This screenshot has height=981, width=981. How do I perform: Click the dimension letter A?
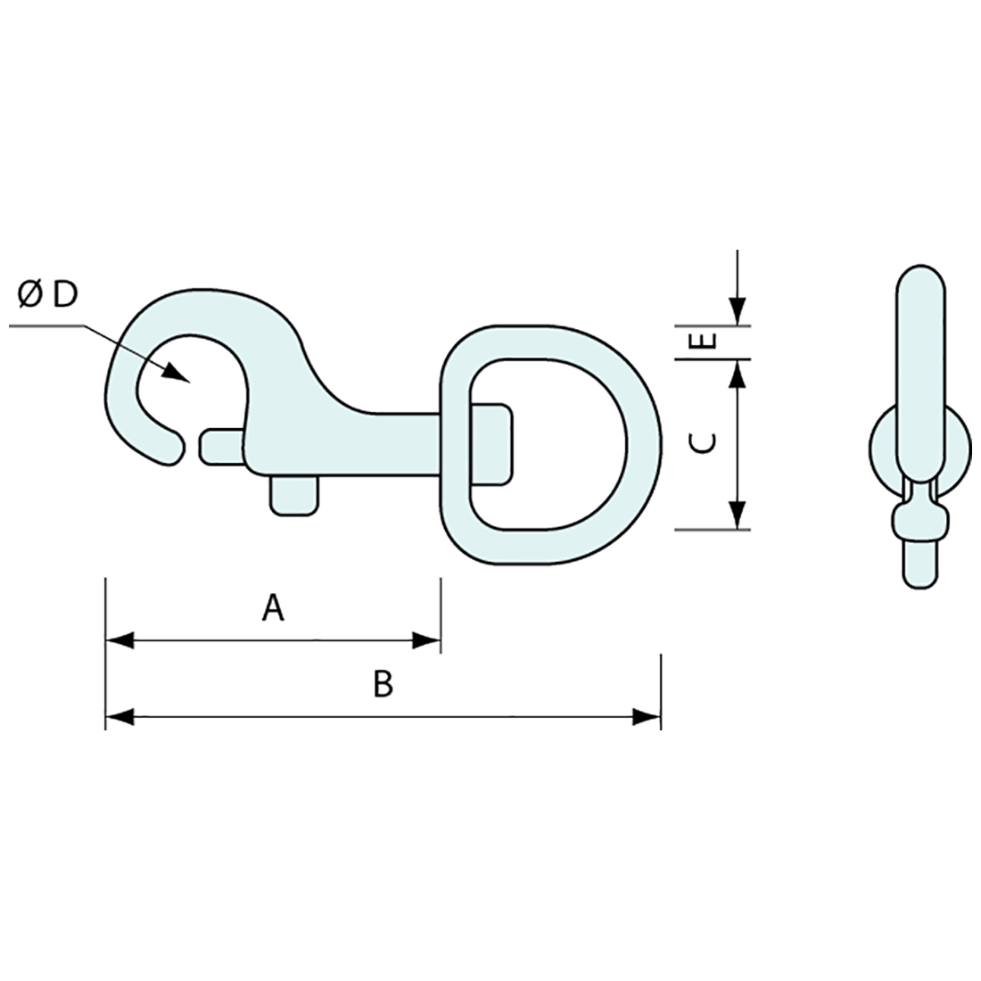[273, 608]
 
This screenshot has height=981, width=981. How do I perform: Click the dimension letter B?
[383, 684]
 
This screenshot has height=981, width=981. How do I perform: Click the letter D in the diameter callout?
[65, 294]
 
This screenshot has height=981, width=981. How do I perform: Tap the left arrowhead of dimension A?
[120, 640]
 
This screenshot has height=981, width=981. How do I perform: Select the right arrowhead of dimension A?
[426, 640]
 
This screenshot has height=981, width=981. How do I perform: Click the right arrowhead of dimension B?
[647, 717]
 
